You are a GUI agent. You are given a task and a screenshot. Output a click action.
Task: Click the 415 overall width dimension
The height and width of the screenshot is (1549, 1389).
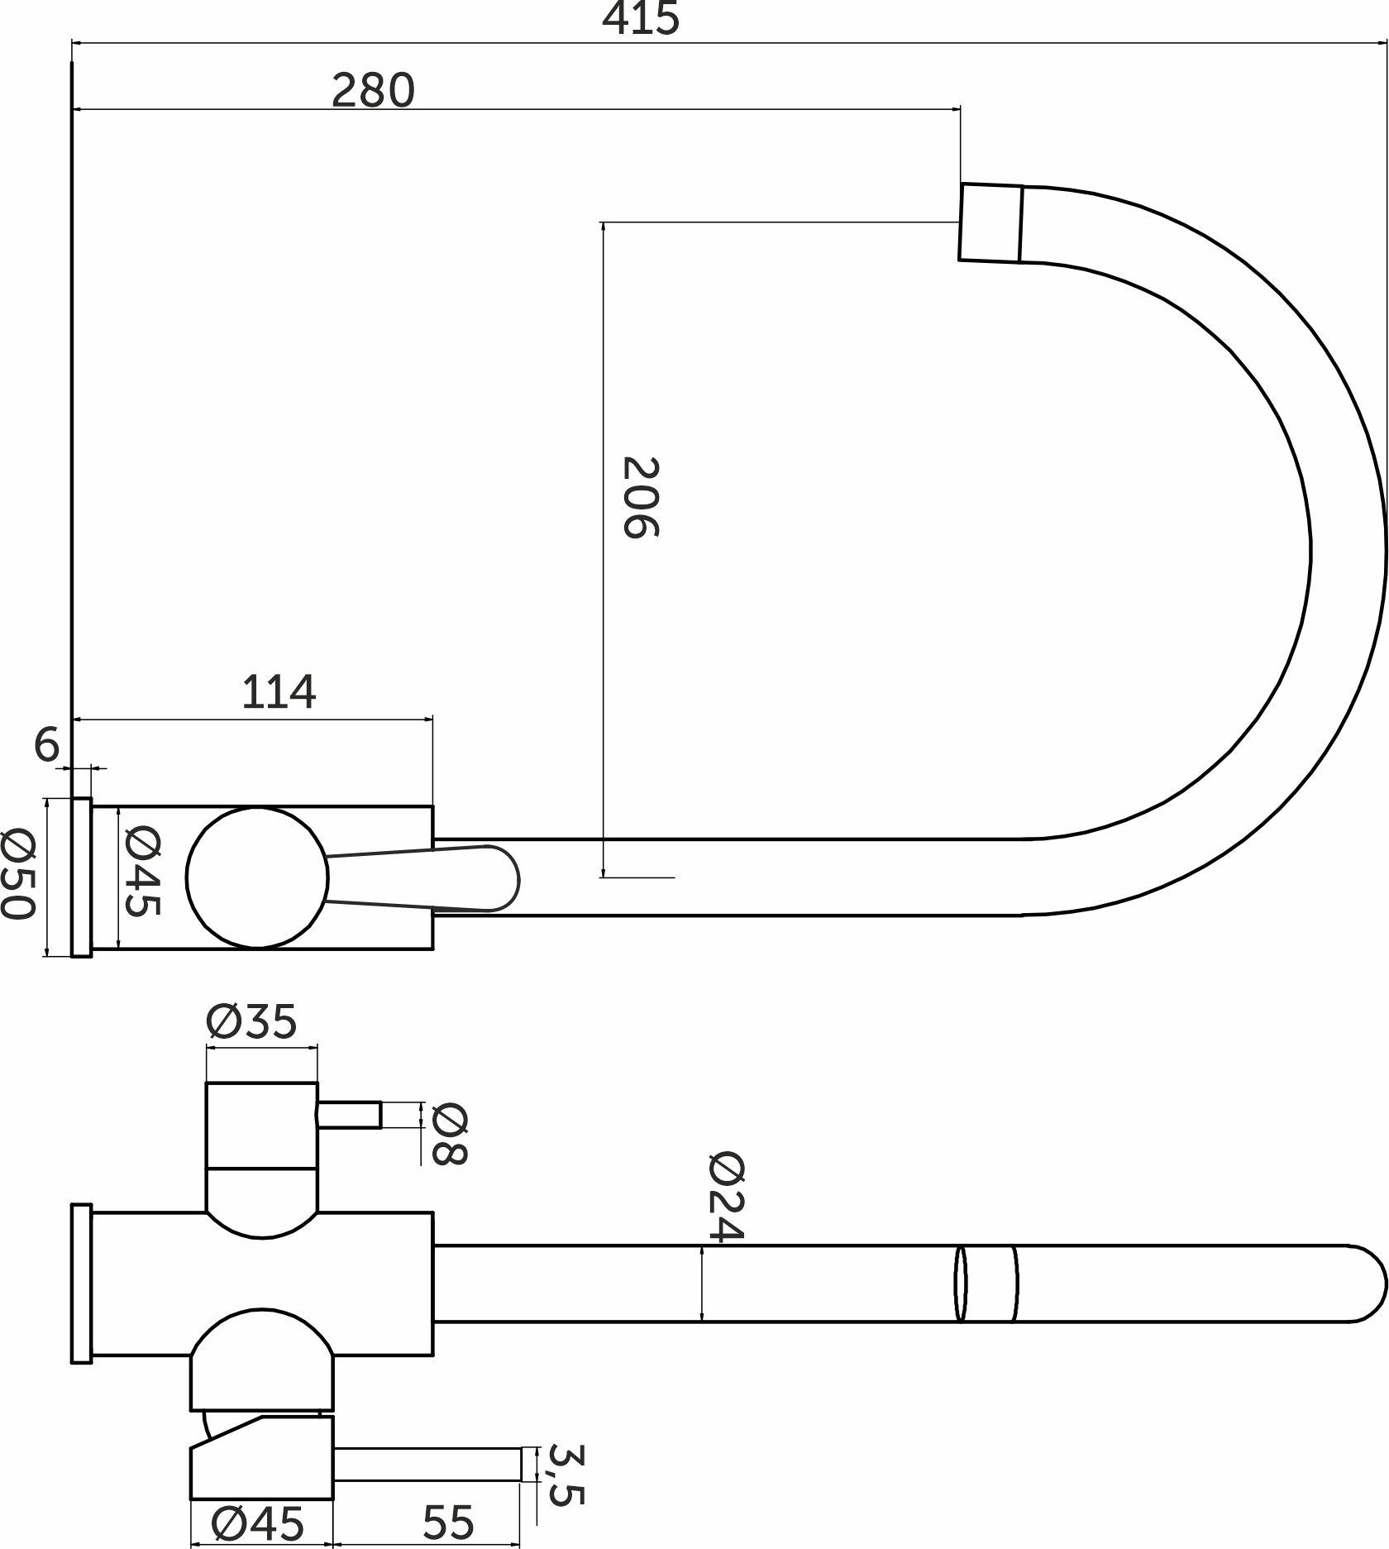[641, 18]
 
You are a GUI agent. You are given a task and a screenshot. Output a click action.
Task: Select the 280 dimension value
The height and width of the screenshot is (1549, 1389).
[373, 90]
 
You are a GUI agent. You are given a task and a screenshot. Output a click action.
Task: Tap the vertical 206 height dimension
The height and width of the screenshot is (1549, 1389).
[640, 497]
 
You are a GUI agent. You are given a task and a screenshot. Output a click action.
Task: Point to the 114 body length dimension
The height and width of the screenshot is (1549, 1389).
[279, 692]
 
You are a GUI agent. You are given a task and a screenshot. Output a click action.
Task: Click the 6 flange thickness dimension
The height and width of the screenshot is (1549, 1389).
[47, 745]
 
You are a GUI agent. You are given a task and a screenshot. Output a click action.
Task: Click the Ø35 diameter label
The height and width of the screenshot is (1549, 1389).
[251, 1022]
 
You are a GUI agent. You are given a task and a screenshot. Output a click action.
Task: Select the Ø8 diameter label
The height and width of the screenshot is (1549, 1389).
[450, 1134]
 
